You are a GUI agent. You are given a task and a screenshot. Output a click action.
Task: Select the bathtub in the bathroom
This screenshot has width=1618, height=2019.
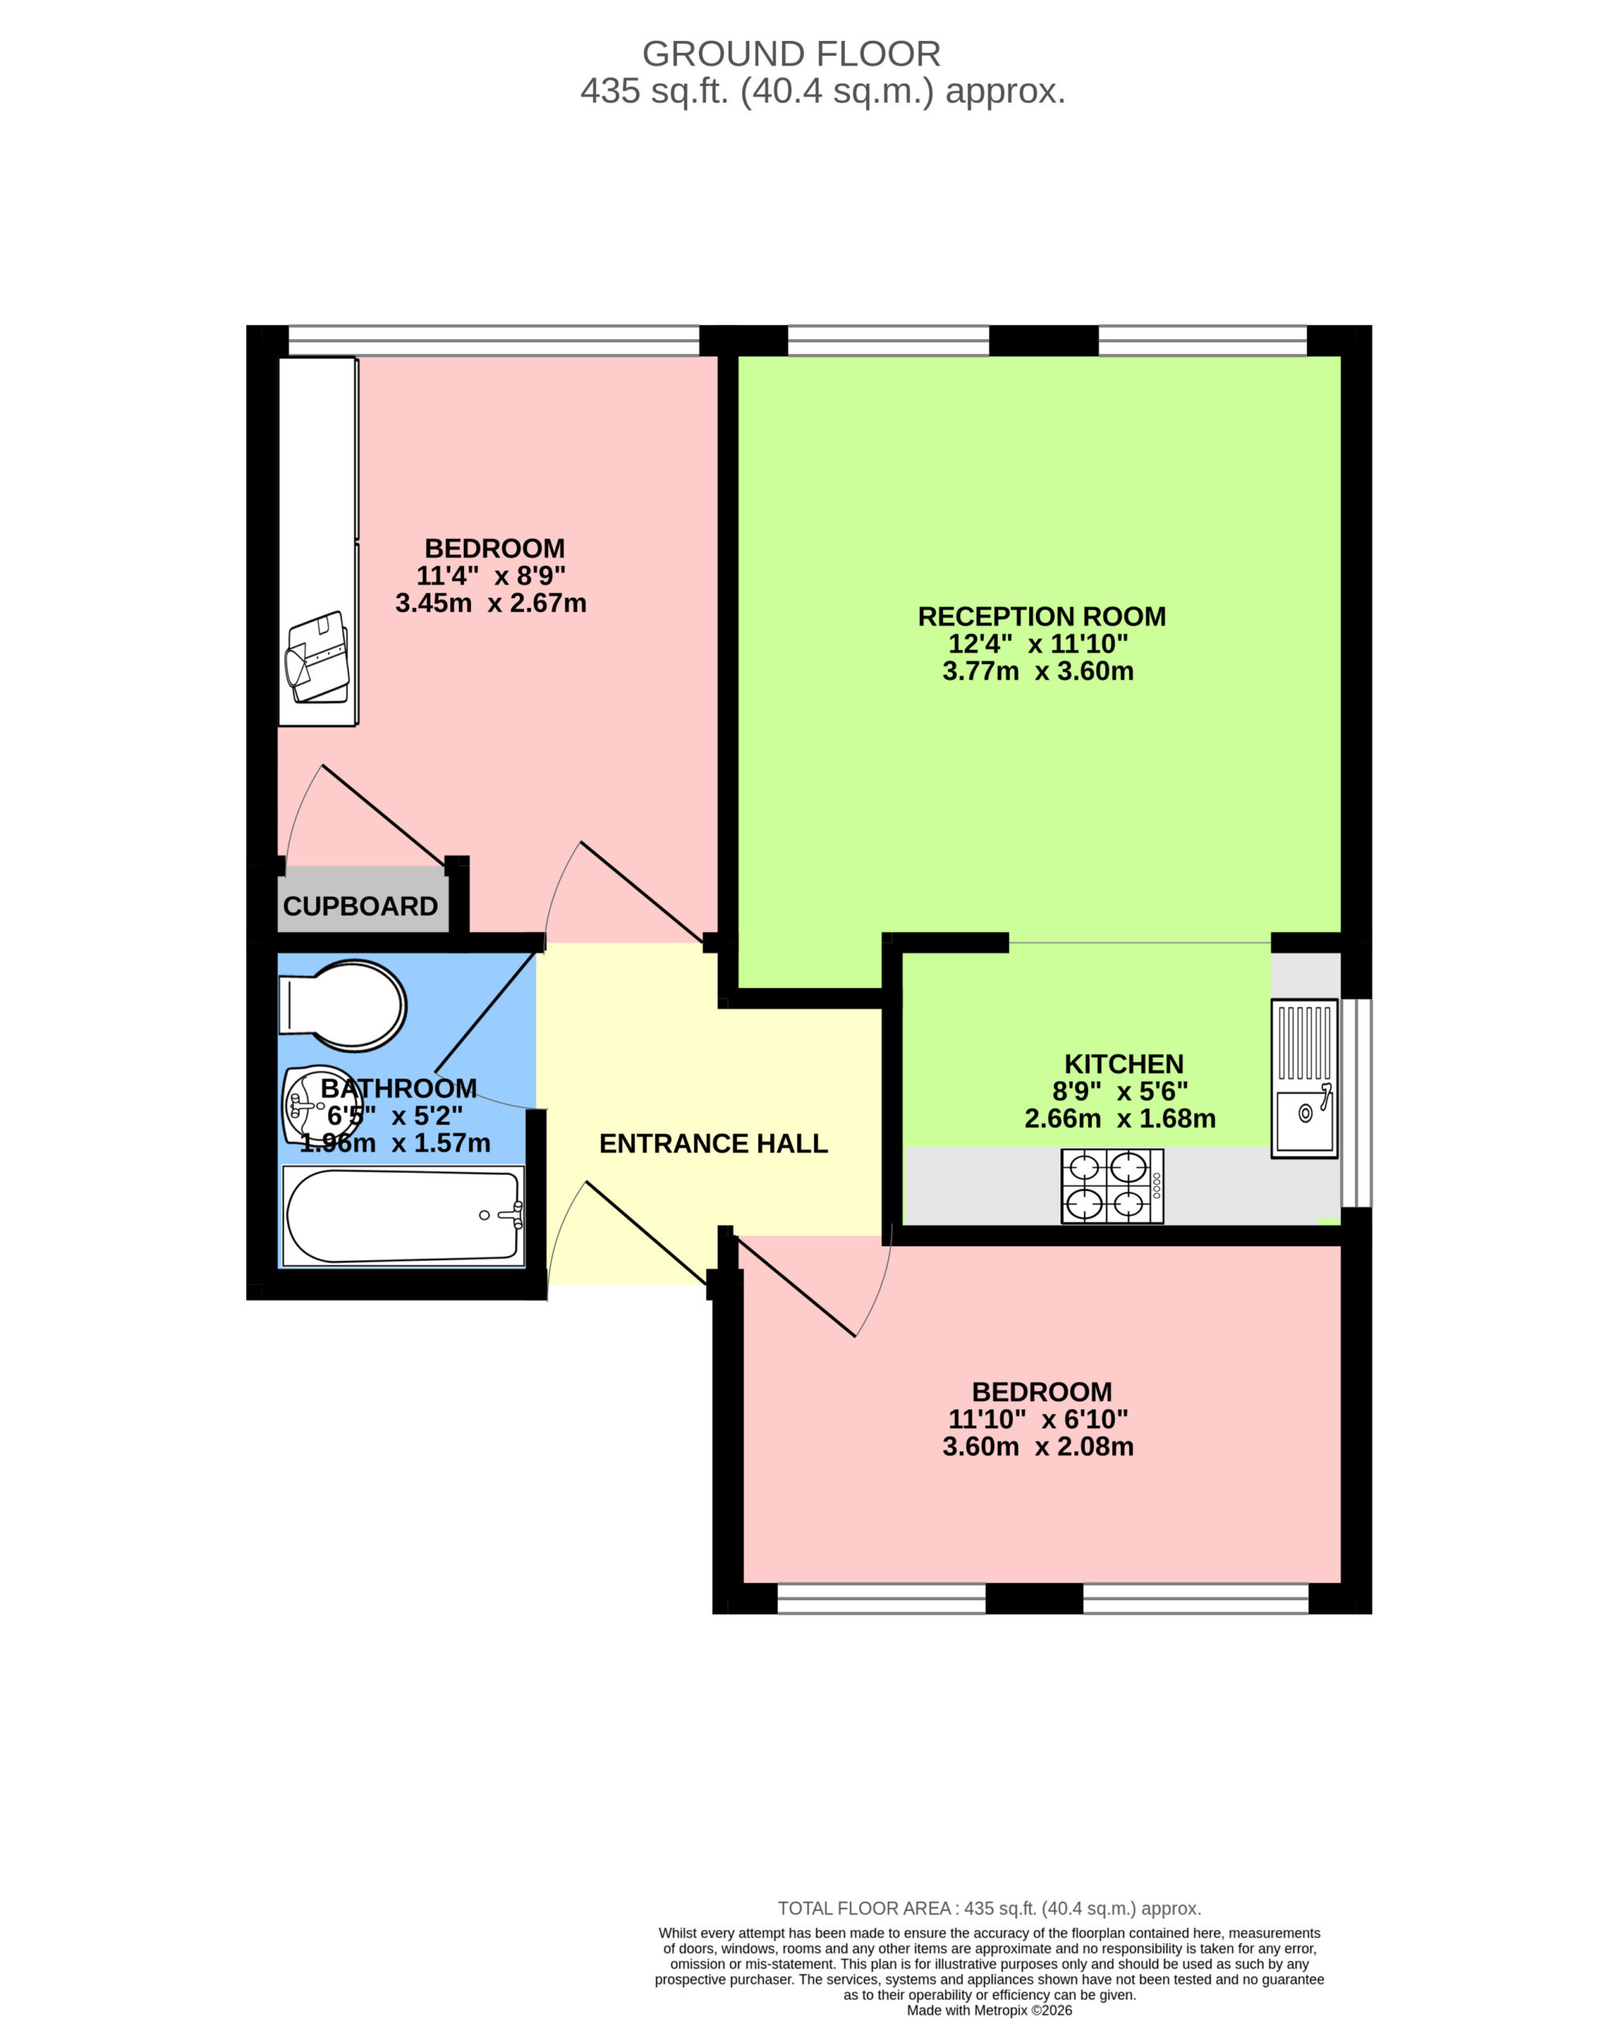click(x=404, y=1215)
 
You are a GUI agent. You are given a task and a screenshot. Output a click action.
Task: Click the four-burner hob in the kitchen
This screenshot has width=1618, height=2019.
click(x=1112, y=1185)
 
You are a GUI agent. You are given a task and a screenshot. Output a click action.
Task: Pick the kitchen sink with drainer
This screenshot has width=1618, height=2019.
click(x=1304, y=1078)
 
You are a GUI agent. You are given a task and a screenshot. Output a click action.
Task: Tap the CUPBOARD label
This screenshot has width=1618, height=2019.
click(x=361, y=906)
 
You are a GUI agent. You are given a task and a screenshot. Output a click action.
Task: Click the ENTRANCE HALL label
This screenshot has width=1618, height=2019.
click(x=713, y=1144)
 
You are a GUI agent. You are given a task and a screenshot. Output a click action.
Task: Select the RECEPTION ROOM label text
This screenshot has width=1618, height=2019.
click(x=1042, y=616)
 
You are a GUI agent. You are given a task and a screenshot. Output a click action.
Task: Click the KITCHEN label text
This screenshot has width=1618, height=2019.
click(x=1123, y=1064)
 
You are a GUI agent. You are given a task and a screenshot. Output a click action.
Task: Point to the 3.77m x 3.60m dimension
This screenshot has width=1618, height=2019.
click(x=1038, y=670)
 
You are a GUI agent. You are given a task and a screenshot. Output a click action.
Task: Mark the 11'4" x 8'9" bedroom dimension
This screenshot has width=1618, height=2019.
click(x=491, y=575)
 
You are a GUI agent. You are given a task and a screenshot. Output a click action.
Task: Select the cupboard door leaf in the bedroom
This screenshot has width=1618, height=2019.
click(x=383, y=815)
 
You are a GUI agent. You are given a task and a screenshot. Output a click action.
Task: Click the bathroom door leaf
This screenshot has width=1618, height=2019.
click(x=490, y=1010)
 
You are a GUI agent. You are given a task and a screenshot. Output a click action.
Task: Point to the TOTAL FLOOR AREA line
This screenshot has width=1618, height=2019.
click(x=989, y=1909)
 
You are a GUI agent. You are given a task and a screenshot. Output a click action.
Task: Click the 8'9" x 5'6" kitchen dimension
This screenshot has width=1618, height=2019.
click(x=1119, y=1091)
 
